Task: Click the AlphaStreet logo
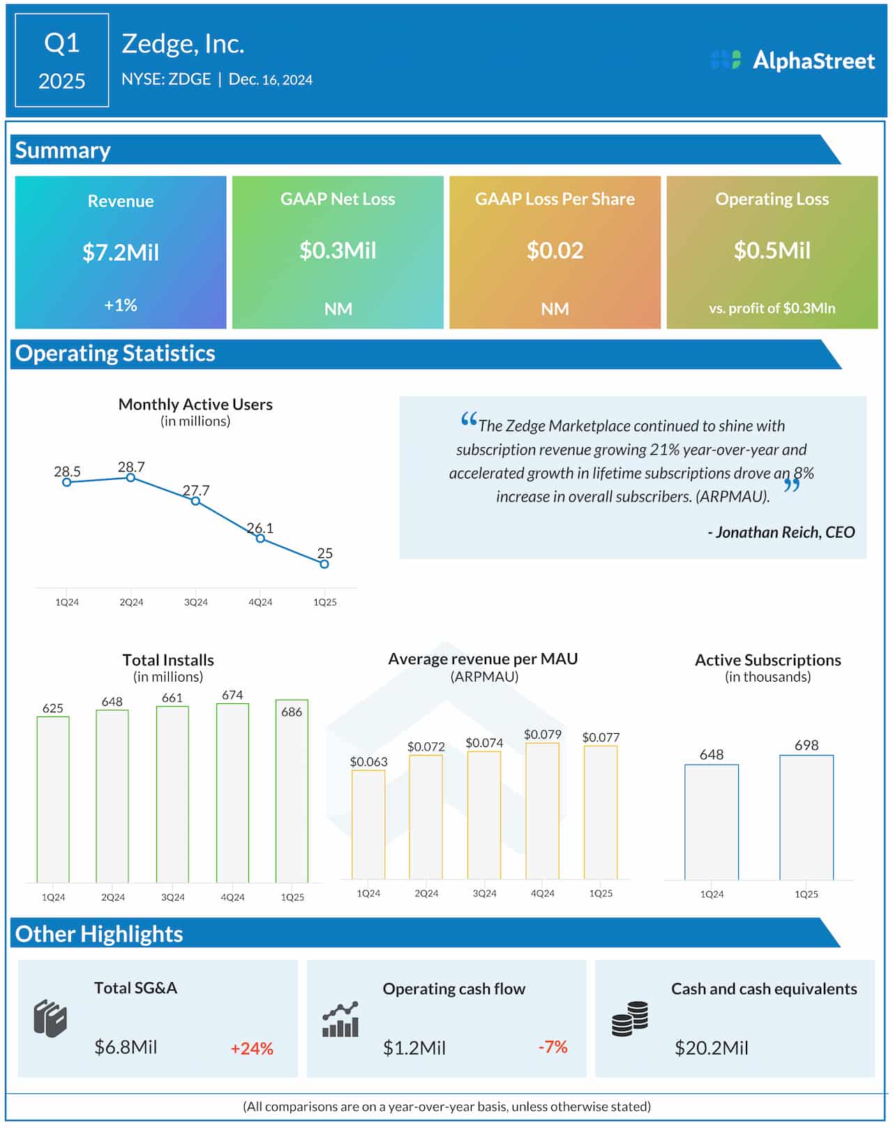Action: pos(793,61)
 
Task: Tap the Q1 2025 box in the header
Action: pos(61,61)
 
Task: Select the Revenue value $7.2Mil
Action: pos(121,252)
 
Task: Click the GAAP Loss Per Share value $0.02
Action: pos(555,250)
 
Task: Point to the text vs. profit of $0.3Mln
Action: pos(772,308)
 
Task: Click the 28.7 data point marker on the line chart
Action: pos(130,478)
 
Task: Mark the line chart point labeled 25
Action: pos(324,564)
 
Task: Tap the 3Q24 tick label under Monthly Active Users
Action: pos(195,602)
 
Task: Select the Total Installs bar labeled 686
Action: pos(292,792)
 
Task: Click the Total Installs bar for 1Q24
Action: pos(53,799)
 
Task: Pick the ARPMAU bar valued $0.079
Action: pos(542,811)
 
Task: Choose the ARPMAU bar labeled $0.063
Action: pos(368,825)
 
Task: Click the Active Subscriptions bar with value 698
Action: pos(806,818)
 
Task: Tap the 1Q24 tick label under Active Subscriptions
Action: pos(712,894)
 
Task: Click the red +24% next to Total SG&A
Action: pos(252,1048)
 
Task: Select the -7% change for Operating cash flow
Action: pos(553,1047)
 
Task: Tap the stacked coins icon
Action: pos(630,1019)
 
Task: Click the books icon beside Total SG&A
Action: pos(50,1019)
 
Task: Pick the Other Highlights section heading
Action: pos(99,934)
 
